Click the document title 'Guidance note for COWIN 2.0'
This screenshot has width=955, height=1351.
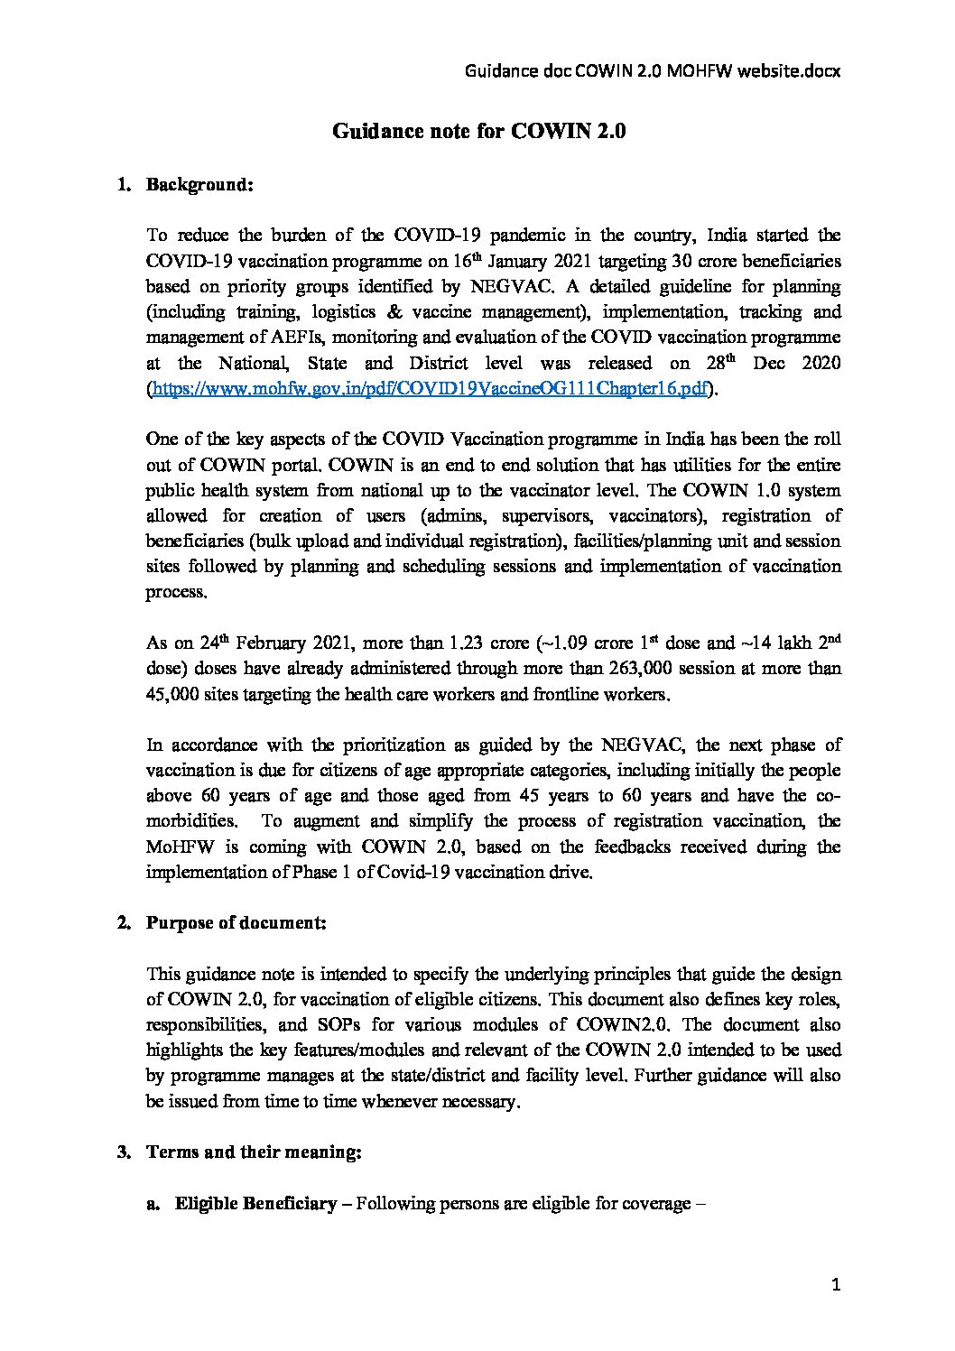point(478,132)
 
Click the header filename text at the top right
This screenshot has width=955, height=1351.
point(653,70)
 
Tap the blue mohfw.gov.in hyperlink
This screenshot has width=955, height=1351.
point(428,389)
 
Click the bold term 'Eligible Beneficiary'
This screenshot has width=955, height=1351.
point(255,1204)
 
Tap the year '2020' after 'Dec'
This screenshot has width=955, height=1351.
point(819,363)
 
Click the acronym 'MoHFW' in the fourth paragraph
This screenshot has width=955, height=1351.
point(177,847)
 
